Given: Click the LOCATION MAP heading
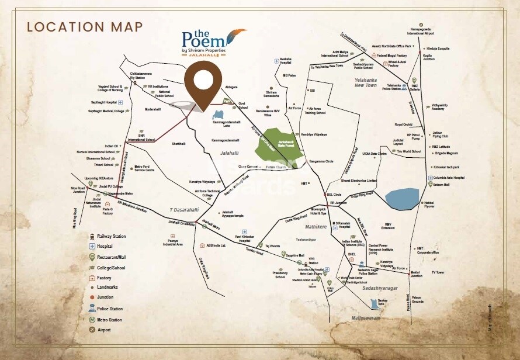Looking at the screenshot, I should [85, 27].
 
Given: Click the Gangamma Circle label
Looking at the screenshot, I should [321, 161].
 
